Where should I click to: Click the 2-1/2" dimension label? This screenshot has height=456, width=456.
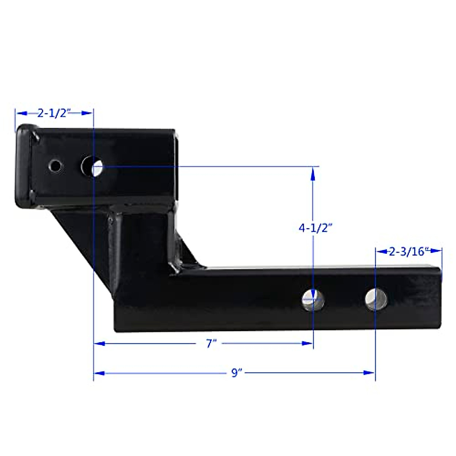(54, 113)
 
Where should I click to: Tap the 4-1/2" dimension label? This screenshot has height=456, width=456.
(315, 228)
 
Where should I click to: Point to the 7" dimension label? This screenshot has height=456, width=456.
(211, 344)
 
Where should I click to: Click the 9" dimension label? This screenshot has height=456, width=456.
(237, 373)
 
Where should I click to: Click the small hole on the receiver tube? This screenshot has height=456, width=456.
(55, 165)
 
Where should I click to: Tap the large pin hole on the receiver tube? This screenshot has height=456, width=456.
(92, 166)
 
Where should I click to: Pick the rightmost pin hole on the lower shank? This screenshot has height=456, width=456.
(376, 299)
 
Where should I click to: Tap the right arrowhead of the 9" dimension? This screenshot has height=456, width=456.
(369, 373)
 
